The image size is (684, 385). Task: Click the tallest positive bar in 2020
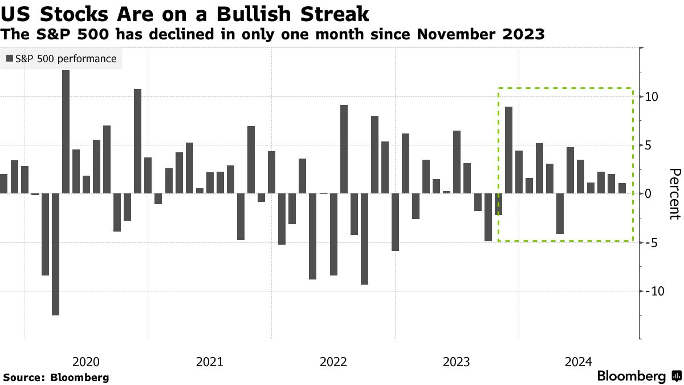(66, 132)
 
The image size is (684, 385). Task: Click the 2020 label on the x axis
(86, 362)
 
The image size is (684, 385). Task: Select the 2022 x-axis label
(333, 362)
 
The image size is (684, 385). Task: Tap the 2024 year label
(580, 362)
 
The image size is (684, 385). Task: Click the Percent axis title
(674, 194)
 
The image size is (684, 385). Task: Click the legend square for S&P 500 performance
(10, 59)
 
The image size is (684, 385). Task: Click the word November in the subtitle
(452, 35)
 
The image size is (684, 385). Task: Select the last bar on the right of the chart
(622, 188)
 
